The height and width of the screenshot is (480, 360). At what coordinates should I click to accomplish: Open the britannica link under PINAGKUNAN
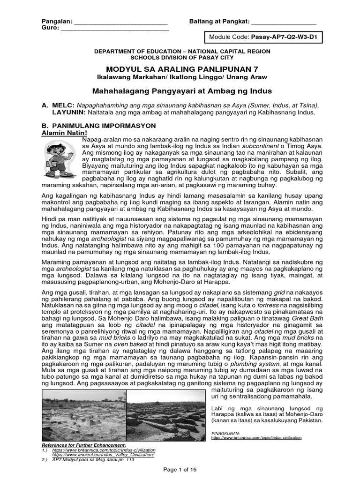(x=256, y=437)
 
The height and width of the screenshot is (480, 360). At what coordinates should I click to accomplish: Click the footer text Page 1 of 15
(x=180, y=469)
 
